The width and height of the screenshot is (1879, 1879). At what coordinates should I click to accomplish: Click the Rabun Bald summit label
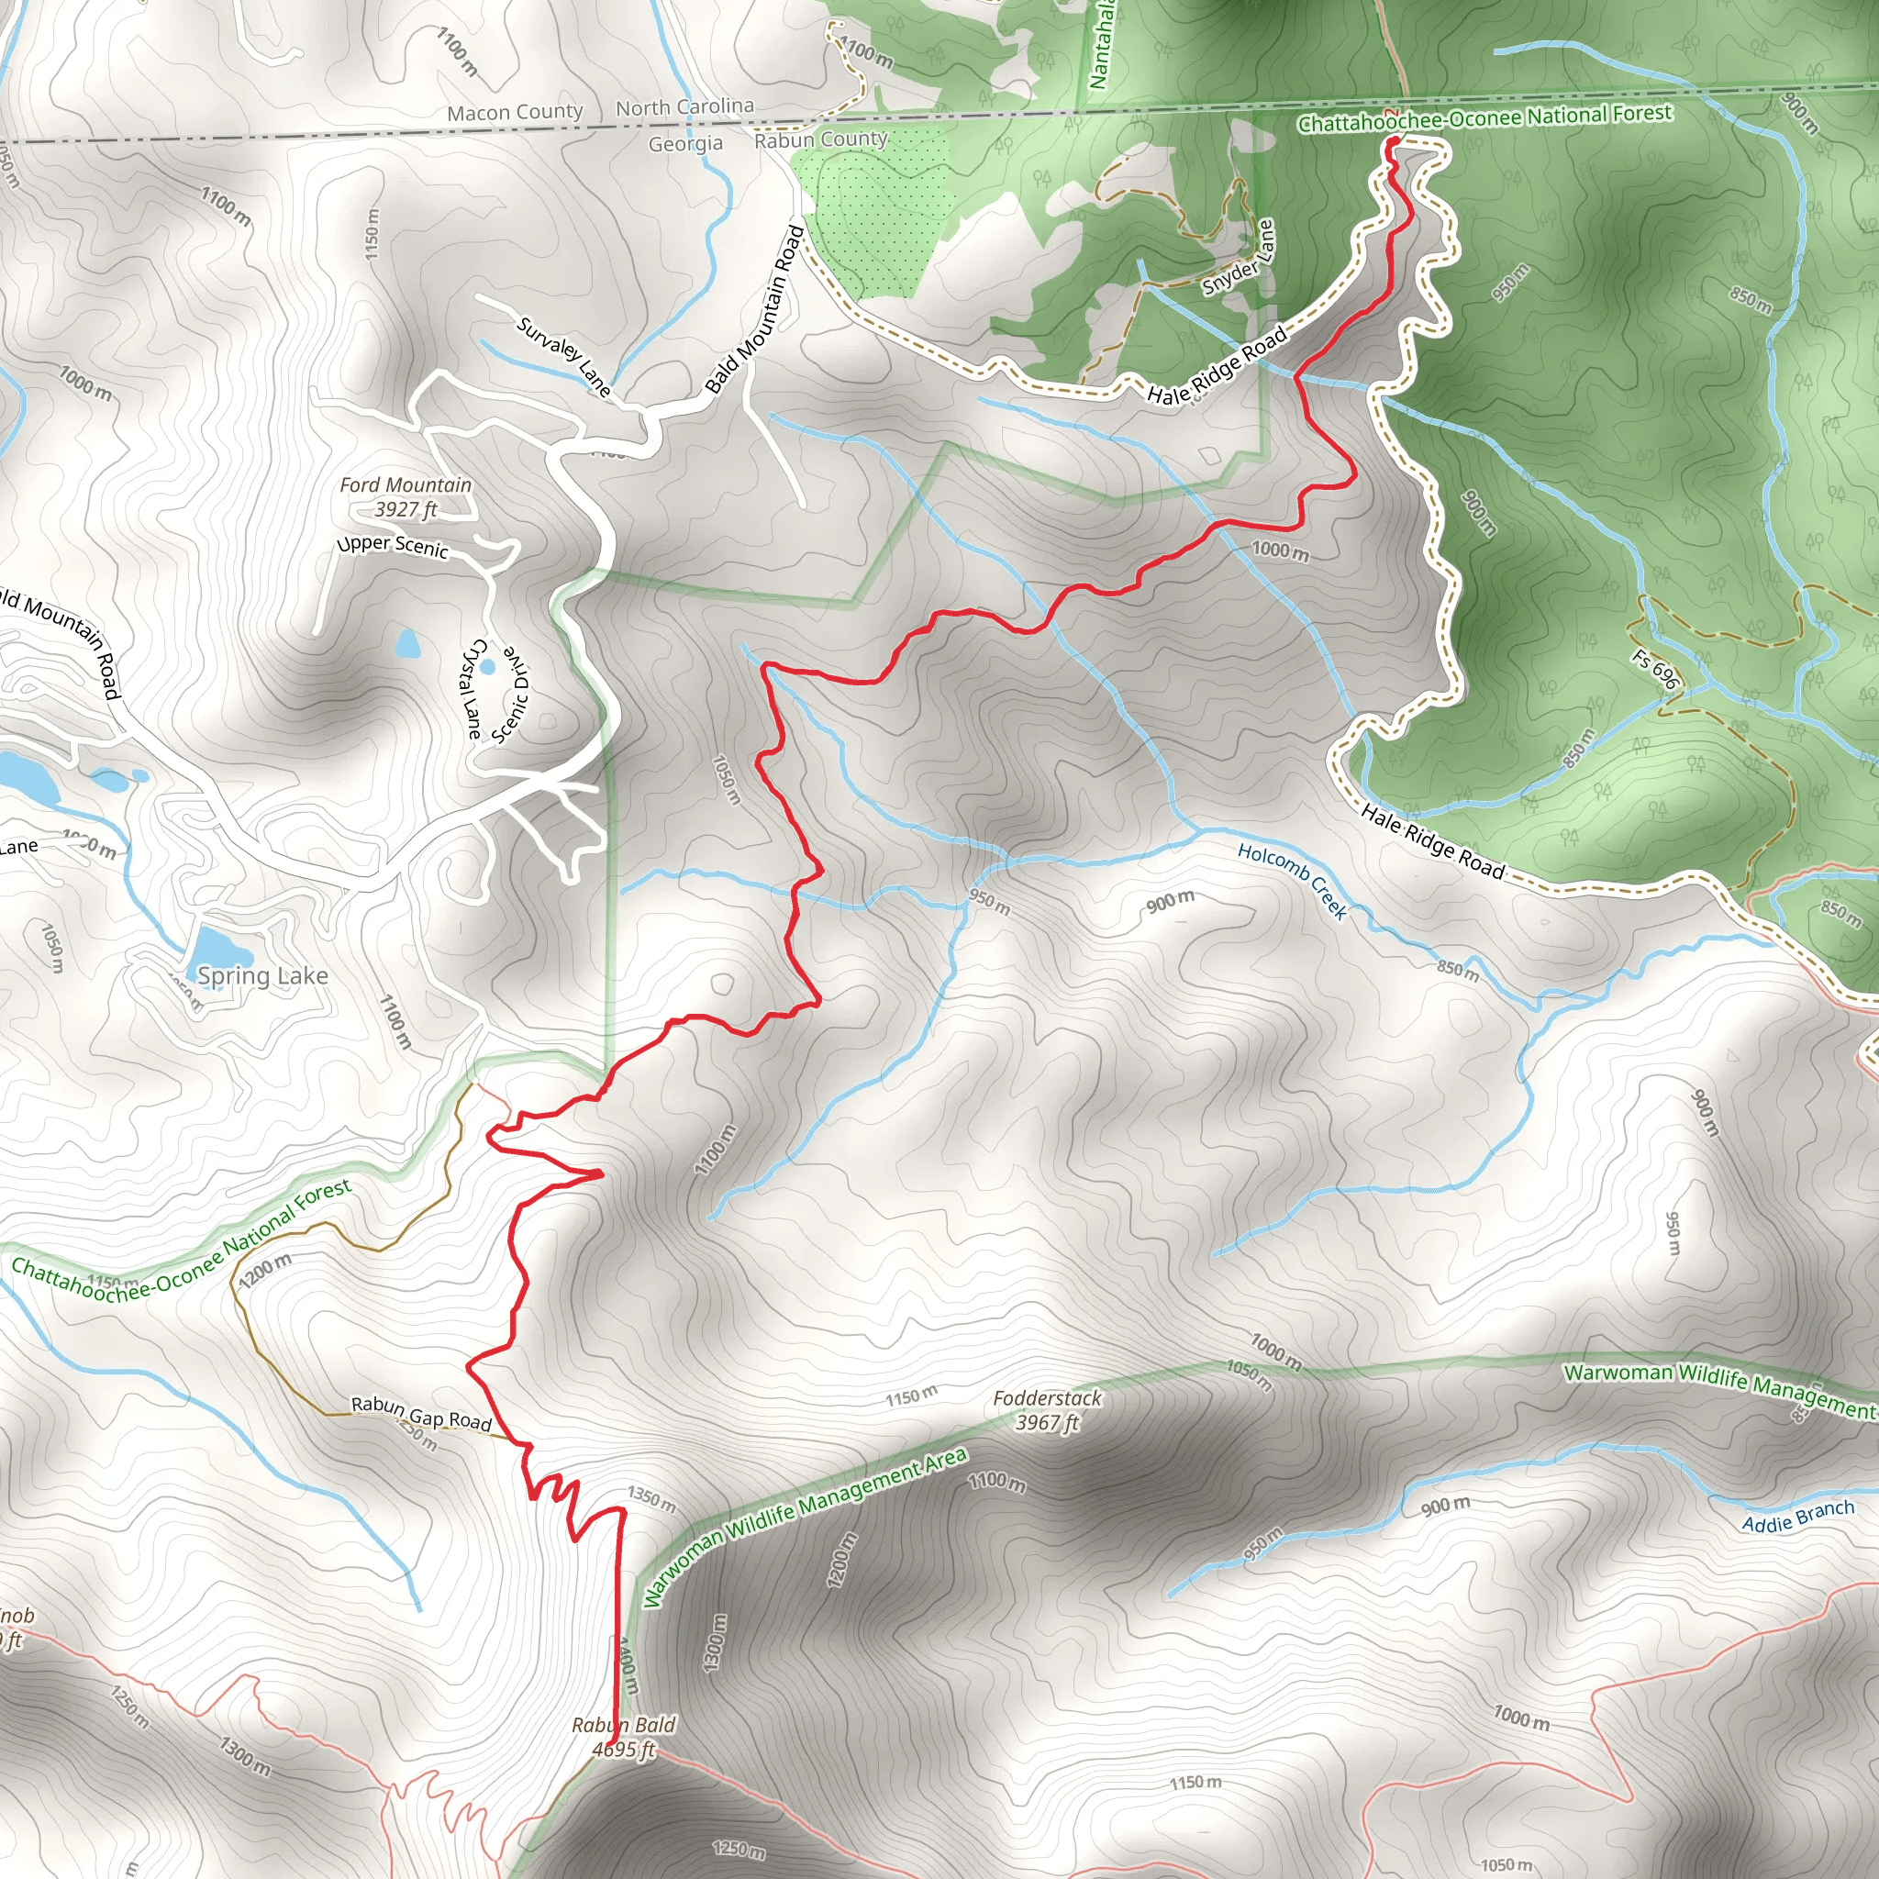tap(623, 1737)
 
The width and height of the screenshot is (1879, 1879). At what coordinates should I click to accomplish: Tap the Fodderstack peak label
tap(1048, 1410)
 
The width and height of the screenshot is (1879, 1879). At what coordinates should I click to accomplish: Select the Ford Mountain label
tap(406, 496)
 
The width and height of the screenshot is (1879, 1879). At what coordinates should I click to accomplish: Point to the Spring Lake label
tap(262, 975)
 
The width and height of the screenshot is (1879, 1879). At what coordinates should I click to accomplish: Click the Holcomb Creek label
tap(1293, 881)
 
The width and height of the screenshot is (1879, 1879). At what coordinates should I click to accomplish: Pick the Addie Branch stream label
tap(1797, 1517)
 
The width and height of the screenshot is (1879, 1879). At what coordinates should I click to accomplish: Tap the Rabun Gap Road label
tap(421, 1412)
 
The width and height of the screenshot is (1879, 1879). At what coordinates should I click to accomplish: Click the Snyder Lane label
tap(1238, 258)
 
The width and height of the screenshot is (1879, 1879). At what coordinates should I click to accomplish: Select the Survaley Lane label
tap(564, 357)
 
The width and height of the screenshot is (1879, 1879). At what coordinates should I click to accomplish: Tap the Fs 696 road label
tap(1655, 669)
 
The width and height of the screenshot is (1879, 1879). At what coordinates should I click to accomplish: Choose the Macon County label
tap(515, 113)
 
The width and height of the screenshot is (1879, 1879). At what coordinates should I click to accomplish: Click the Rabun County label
tap(821, 140)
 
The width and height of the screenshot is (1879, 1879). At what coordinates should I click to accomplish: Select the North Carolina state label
tap(684, 107)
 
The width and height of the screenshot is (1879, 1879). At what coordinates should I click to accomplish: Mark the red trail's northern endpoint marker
tap(1392, 143)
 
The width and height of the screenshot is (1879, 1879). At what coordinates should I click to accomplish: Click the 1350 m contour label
tap(650, 1499)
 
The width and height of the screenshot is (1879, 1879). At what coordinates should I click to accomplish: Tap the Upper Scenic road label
tap(393, 546)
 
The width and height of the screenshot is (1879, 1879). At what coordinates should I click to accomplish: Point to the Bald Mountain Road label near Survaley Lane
tap(755, 309)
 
